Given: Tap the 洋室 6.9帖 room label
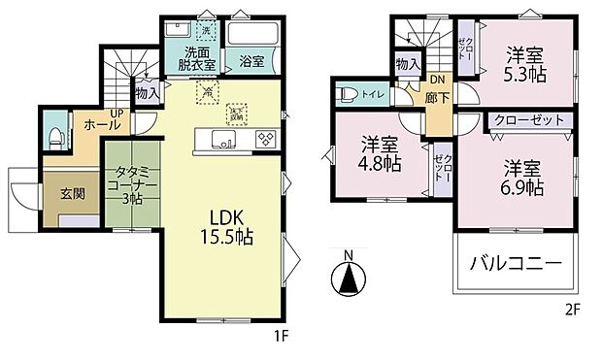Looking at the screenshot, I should coord(521,176).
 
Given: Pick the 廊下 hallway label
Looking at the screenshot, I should coord(436,97).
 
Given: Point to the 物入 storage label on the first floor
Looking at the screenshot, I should coord(147,94).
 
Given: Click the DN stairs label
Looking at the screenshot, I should coord(437,80).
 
